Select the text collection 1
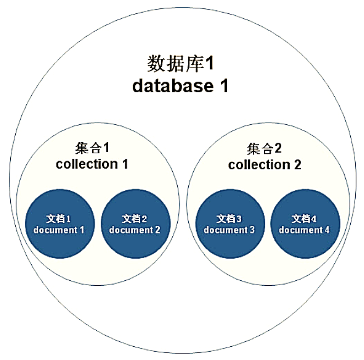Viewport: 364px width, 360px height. tap(92, 164)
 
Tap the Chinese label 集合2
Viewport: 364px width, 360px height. tap(264, 148)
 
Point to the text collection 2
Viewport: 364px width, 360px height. tap(265, 165)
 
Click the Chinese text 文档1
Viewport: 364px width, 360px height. tap(58, 219)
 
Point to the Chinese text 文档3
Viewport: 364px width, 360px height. tap(229, 219)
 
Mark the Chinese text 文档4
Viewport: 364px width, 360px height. tap(304, 219)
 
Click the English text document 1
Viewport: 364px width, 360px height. tap(58, 230)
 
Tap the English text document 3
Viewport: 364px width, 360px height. tap(229, 230)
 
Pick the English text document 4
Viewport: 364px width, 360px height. tap(304, 230)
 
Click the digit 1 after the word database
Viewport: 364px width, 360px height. tap(223, 86)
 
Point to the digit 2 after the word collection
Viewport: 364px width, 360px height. tap(297, 165)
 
